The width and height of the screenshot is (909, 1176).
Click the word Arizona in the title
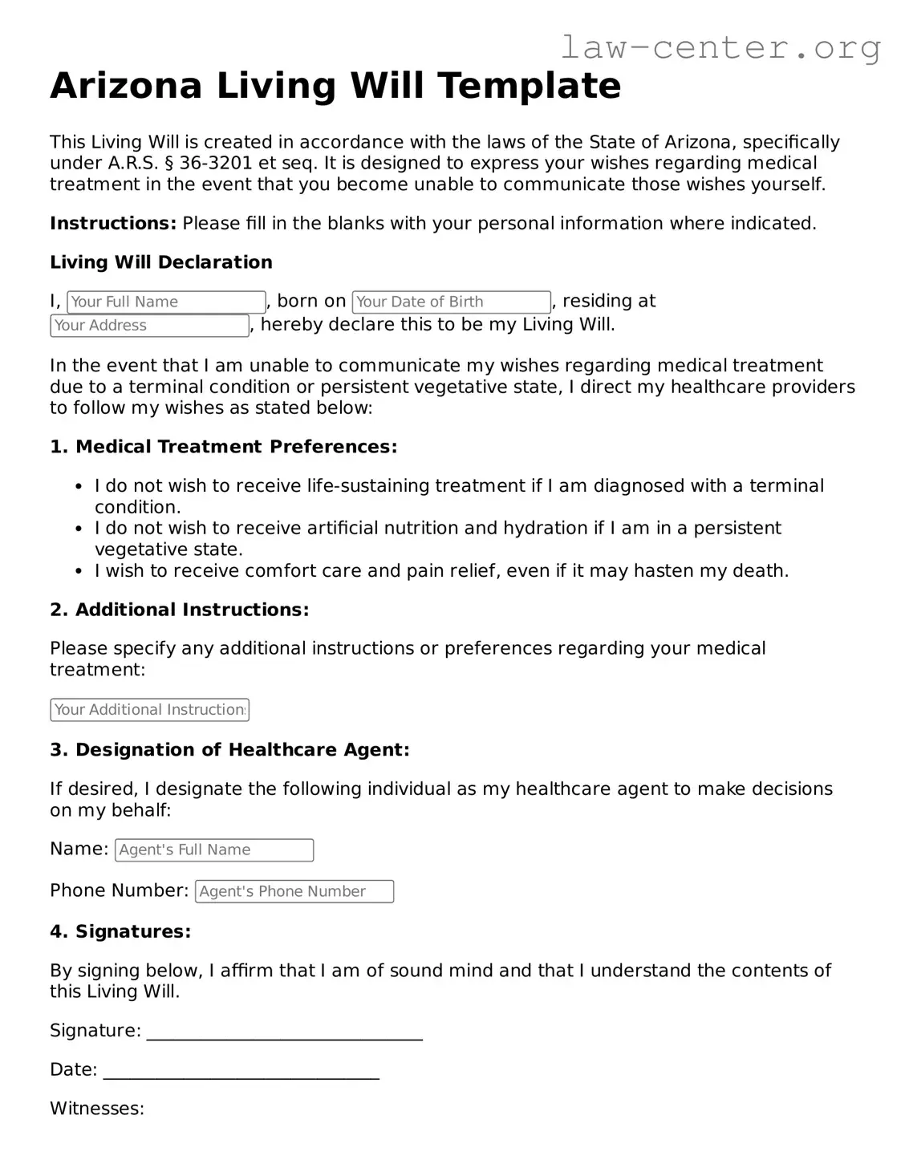(x=125, y=86)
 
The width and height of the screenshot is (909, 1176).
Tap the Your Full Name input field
(x=166, y=302)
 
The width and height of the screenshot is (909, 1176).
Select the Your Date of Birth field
(x=451, y=302)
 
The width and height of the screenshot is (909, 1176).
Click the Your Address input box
(x=149, y=325)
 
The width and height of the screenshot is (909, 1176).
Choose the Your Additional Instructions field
(x=149, y=710)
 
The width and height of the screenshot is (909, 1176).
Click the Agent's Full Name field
(x=214, y=850)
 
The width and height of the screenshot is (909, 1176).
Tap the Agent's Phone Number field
(x=294, y=891)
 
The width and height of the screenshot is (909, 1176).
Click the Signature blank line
(x=284, y=1032)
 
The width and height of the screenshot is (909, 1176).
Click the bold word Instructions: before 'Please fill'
(x=113, y=223)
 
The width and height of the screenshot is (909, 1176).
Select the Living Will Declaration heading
(x=161, y=262)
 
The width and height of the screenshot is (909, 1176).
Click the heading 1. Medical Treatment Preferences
(x=224, y=447)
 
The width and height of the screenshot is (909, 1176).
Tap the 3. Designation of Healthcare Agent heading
(x=229, y=750)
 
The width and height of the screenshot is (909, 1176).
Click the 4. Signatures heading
(x=120, y=931)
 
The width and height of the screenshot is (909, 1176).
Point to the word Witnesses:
(x=97, y=1109)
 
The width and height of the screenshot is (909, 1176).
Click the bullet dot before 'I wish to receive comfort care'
(x=79, y=571)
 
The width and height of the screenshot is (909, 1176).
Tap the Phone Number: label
(x=120, y=890)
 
